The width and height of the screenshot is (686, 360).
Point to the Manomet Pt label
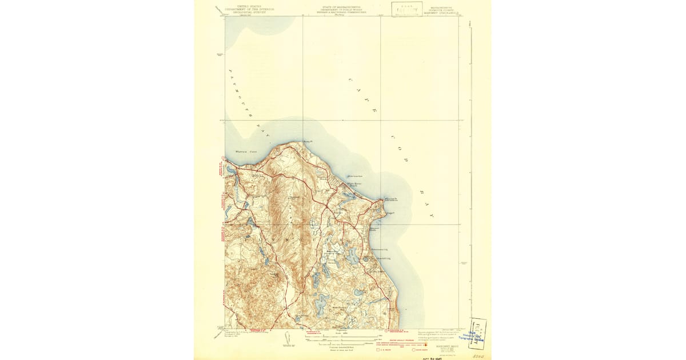click(390, 199)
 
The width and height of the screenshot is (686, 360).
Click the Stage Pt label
click(390, 212)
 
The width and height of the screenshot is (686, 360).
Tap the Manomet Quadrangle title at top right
click(444, 9)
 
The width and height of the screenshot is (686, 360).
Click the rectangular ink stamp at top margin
click(407, 9)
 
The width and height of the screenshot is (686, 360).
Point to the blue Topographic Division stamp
click(477, 334)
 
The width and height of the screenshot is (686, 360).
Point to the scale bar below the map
click(343, 338)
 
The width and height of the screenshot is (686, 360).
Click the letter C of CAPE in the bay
click(350, 81)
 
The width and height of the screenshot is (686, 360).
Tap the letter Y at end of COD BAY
click(432, 217)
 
